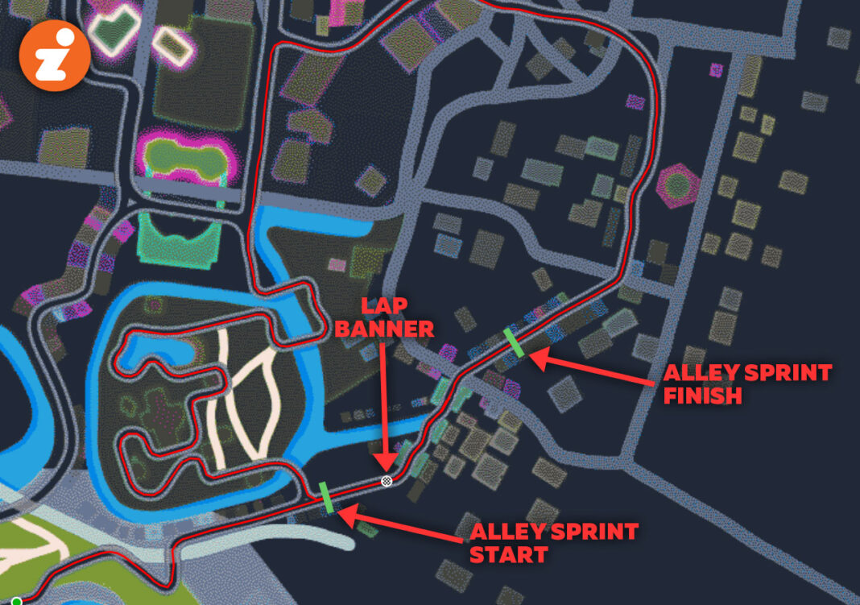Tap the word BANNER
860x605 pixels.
click(x=397, y=329)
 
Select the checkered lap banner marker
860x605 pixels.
click(x=387, y=481)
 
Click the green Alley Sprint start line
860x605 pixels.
click(x=327, y=497)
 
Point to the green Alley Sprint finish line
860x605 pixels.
click(x=514, y=342)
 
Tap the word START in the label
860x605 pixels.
click(x=508, y=555)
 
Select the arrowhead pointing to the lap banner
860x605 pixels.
click(x=387, y=465)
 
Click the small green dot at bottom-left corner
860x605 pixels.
click(x=15, y=601)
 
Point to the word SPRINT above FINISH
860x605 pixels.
click(x=787, y=374)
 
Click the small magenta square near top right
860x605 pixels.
click(x=717, y=70)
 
